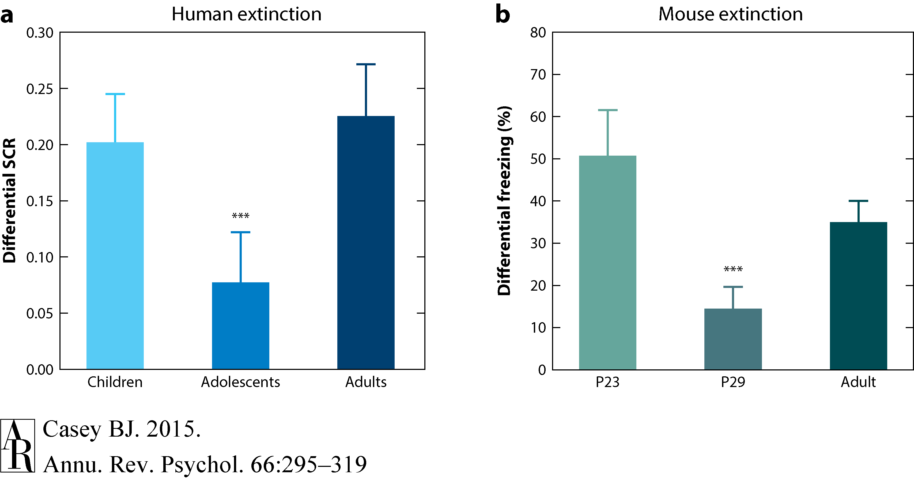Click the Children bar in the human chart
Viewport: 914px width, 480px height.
tap(115, 256)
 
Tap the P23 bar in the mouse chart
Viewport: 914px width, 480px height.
tap(607, 262)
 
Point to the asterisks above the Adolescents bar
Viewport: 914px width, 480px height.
tap(241, 216)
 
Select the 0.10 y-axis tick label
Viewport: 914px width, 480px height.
tap(39, 257)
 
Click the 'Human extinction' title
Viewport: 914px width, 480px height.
tap(246, 14)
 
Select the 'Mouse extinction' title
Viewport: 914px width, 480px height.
tap(731, 14)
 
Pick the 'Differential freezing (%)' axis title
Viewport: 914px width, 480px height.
tap(504, 201)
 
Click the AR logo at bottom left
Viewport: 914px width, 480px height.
tap(18, 445)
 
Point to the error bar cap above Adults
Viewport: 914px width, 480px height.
tap(366, 64)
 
